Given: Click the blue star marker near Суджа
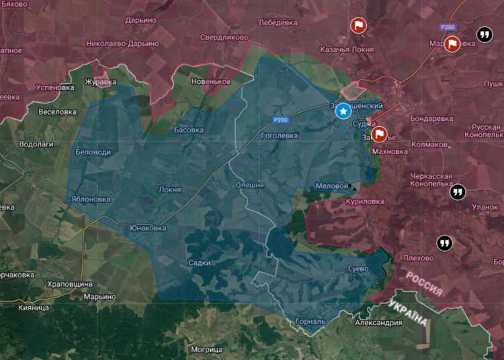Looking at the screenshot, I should click(x=343, y=111).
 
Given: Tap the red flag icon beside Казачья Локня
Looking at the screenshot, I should click(x=359, y=26).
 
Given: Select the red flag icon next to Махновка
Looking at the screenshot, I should click(x=380, y=134).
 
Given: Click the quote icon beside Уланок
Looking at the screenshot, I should click(x=458, y=192).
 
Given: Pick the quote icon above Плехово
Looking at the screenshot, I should click(x=444, y=242).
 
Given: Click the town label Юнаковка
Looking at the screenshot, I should click(x=148, y=228).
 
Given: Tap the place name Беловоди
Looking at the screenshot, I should click(x=93, y=152).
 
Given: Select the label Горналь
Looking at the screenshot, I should click(x=310, y=321).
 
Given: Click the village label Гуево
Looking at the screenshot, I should click(x=356, y=269).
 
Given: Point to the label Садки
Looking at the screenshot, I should click(x=200, y=263).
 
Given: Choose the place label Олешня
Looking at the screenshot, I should click(x=249, y=185).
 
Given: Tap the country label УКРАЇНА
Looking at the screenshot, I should click(x=407, y=313).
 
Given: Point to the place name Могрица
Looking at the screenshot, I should click(x=206, y=350).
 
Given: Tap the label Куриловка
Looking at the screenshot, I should click(x=364, y=201).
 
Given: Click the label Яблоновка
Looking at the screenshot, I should click(x=91, y=199).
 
